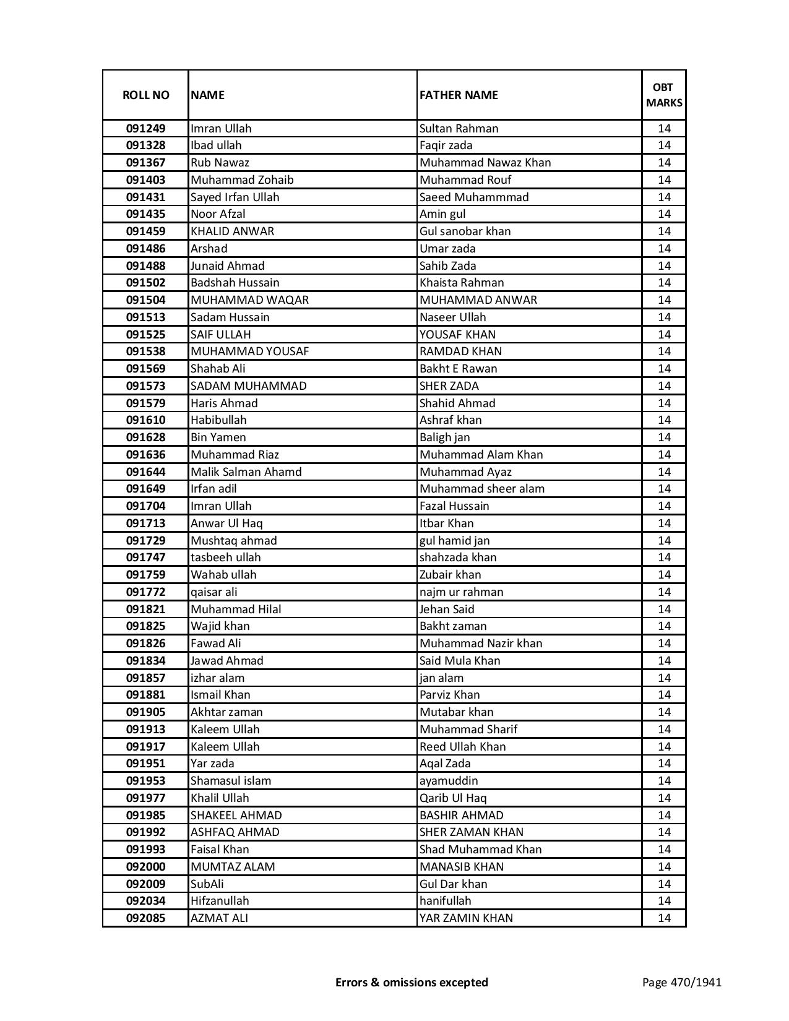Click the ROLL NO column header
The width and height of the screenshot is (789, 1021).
145,95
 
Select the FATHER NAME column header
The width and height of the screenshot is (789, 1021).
459,95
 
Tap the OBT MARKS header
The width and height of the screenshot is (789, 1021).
664,95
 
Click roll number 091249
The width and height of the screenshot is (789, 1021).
145,129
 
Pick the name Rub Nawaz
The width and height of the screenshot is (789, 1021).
220,163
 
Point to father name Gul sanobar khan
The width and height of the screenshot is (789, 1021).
465,231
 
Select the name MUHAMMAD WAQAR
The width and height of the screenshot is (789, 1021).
249,300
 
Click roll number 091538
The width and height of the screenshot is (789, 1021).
145,351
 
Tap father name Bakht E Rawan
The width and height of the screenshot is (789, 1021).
458,369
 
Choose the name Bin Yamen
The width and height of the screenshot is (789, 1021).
218,437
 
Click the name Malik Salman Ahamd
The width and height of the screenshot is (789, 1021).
246,472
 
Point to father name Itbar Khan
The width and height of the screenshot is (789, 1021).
446,523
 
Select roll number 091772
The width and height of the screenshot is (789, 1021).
145,592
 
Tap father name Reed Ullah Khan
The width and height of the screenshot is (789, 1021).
462,747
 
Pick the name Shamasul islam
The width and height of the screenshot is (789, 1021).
230,781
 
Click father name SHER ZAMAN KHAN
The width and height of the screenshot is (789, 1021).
471,832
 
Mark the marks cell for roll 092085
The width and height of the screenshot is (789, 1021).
664,918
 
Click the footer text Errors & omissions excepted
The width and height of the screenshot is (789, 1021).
412,982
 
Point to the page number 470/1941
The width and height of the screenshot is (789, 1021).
681,982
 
